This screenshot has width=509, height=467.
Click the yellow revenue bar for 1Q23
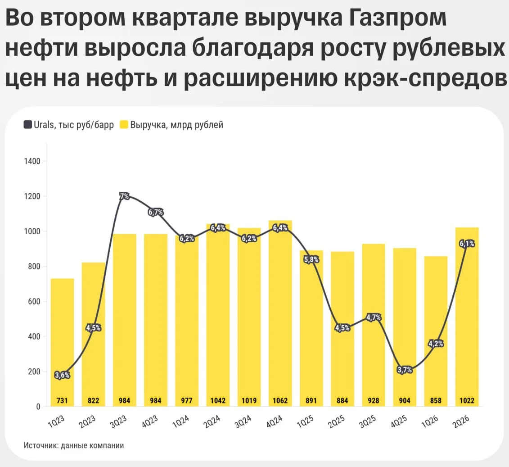pyautogui.click(x=62, y=342)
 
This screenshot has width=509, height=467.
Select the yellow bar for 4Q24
pyautogui.click(x=280, y=313)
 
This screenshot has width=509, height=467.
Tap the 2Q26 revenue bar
pyautogui.click(x=467, y=317)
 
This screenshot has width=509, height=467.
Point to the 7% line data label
pyautogui.click(x=124, y=196)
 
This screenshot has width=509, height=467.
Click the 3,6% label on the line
pyautogui.click(x=62, y=375)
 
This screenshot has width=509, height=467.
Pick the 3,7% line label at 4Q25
pyautogui.click(x=405, y=370)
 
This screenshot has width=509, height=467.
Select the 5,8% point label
pyautogui.click(x=311, y=259)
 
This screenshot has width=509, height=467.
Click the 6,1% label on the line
pyautogui.click(x=467, y=243)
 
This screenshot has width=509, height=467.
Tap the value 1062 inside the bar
pyautogui.click(x=280, y=400)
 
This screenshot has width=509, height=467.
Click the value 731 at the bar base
pyautogui.click(x=62, y=400)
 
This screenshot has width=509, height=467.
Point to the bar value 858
pyautogui.click(x=436, y=400)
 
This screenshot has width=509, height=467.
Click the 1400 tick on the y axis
pyautogui.click(x=32, y=161)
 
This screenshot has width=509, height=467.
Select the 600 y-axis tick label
pyautogui.click(x=34, y=301)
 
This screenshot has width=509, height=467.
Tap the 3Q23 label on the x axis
pyautogui.click(x=118, y=422)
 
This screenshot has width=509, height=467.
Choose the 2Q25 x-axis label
pyautogui.click(x=336, y=422)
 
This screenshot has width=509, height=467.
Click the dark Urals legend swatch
pyautogui.click(x=27, y=124)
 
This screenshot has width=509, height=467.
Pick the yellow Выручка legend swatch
pyautogui.click(x=124, y=124)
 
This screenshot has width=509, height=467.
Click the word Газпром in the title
pyautogui.click(x=398, y=18)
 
